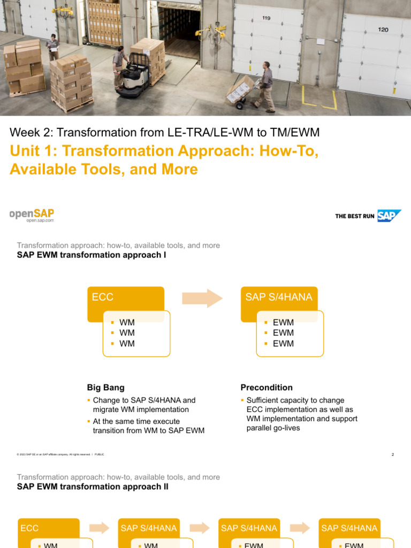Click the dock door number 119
(x=266, y=18)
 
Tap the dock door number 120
(x=383, y=30)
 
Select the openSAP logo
(x=32, y=215)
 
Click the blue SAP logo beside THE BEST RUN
(x=389, y=216)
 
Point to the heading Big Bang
(x=105, y=387)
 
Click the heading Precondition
(x=267, y=387)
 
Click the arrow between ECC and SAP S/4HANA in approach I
(x=202, y=298)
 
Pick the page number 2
(x=392, y=454)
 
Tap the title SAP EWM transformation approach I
(x=92, y=255)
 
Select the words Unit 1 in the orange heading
(x=31, y=151)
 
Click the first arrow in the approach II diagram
(x=99, y=528)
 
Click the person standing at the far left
(x=52, y=47)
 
